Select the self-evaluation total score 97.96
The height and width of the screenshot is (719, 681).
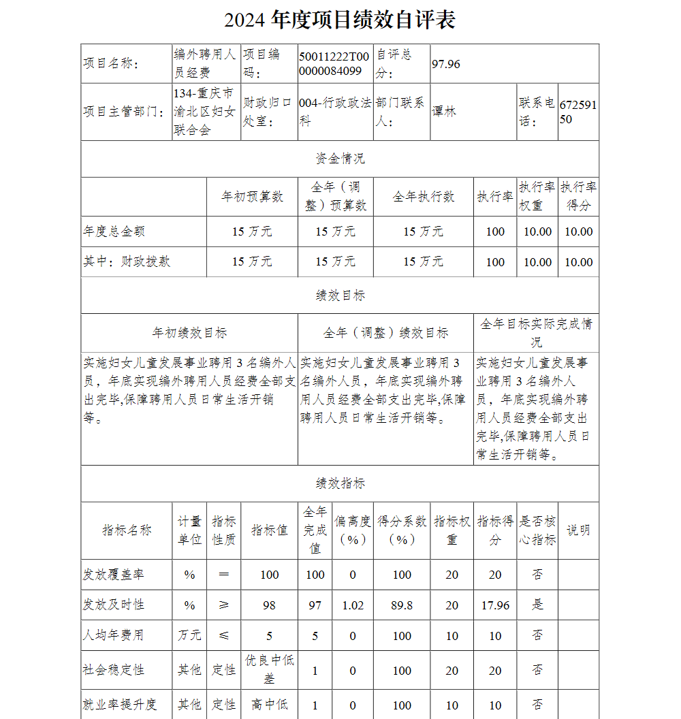tap(446, 64)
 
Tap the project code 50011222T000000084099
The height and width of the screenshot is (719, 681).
tap(334, 64)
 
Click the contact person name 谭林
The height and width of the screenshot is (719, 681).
tap(444, 112)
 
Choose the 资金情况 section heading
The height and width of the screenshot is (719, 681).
tap(340, 159)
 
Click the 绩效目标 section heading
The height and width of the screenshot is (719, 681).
tap(340, 295)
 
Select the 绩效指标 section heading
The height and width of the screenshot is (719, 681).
tap(340, 483)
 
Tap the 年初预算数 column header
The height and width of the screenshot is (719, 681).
tap(252, 197)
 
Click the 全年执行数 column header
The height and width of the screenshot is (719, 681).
tap(423, 197)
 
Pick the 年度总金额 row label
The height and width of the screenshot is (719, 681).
tap(114, 231)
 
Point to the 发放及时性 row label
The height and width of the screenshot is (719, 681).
tap(114, 605)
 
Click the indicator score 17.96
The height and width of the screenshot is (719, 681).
tap(495, 605)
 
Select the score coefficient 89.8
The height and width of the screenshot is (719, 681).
tap(402, 605)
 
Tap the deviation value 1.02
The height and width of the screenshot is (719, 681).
tap(353, 605)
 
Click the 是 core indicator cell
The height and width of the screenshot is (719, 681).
tap(537, 605)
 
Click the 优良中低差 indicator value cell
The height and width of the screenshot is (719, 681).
tap(269, 669)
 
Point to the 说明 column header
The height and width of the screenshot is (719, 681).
tap(578, 530)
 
